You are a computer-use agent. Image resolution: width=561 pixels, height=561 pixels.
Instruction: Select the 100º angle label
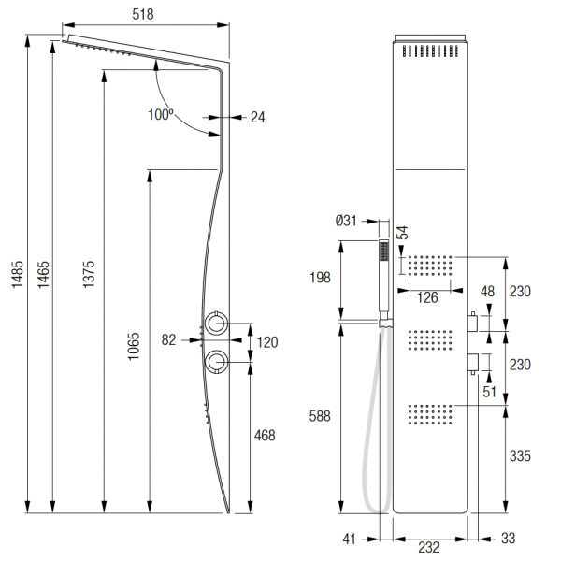click(161, 114)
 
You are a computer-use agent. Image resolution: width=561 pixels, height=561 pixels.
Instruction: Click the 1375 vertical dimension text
click(89, 271)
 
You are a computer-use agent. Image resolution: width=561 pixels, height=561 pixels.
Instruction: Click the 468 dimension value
click(266, 435)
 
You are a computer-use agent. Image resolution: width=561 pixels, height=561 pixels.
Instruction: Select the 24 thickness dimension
click(257, 117)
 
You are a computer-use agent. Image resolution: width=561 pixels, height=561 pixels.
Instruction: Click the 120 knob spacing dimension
click(267, 342)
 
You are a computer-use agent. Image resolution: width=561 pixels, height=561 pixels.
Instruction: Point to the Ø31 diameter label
click(348, 221)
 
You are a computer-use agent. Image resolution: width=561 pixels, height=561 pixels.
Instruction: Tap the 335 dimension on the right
click(521, 456)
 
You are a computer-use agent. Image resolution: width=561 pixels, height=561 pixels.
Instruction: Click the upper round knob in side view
click(217, 324)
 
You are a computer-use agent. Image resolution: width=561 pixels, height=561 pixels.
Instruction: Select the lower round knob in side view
click(217, 360)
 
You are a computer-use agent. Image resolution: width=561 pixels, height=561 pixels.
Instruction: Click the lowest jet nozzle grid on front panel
click(431, 415)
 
